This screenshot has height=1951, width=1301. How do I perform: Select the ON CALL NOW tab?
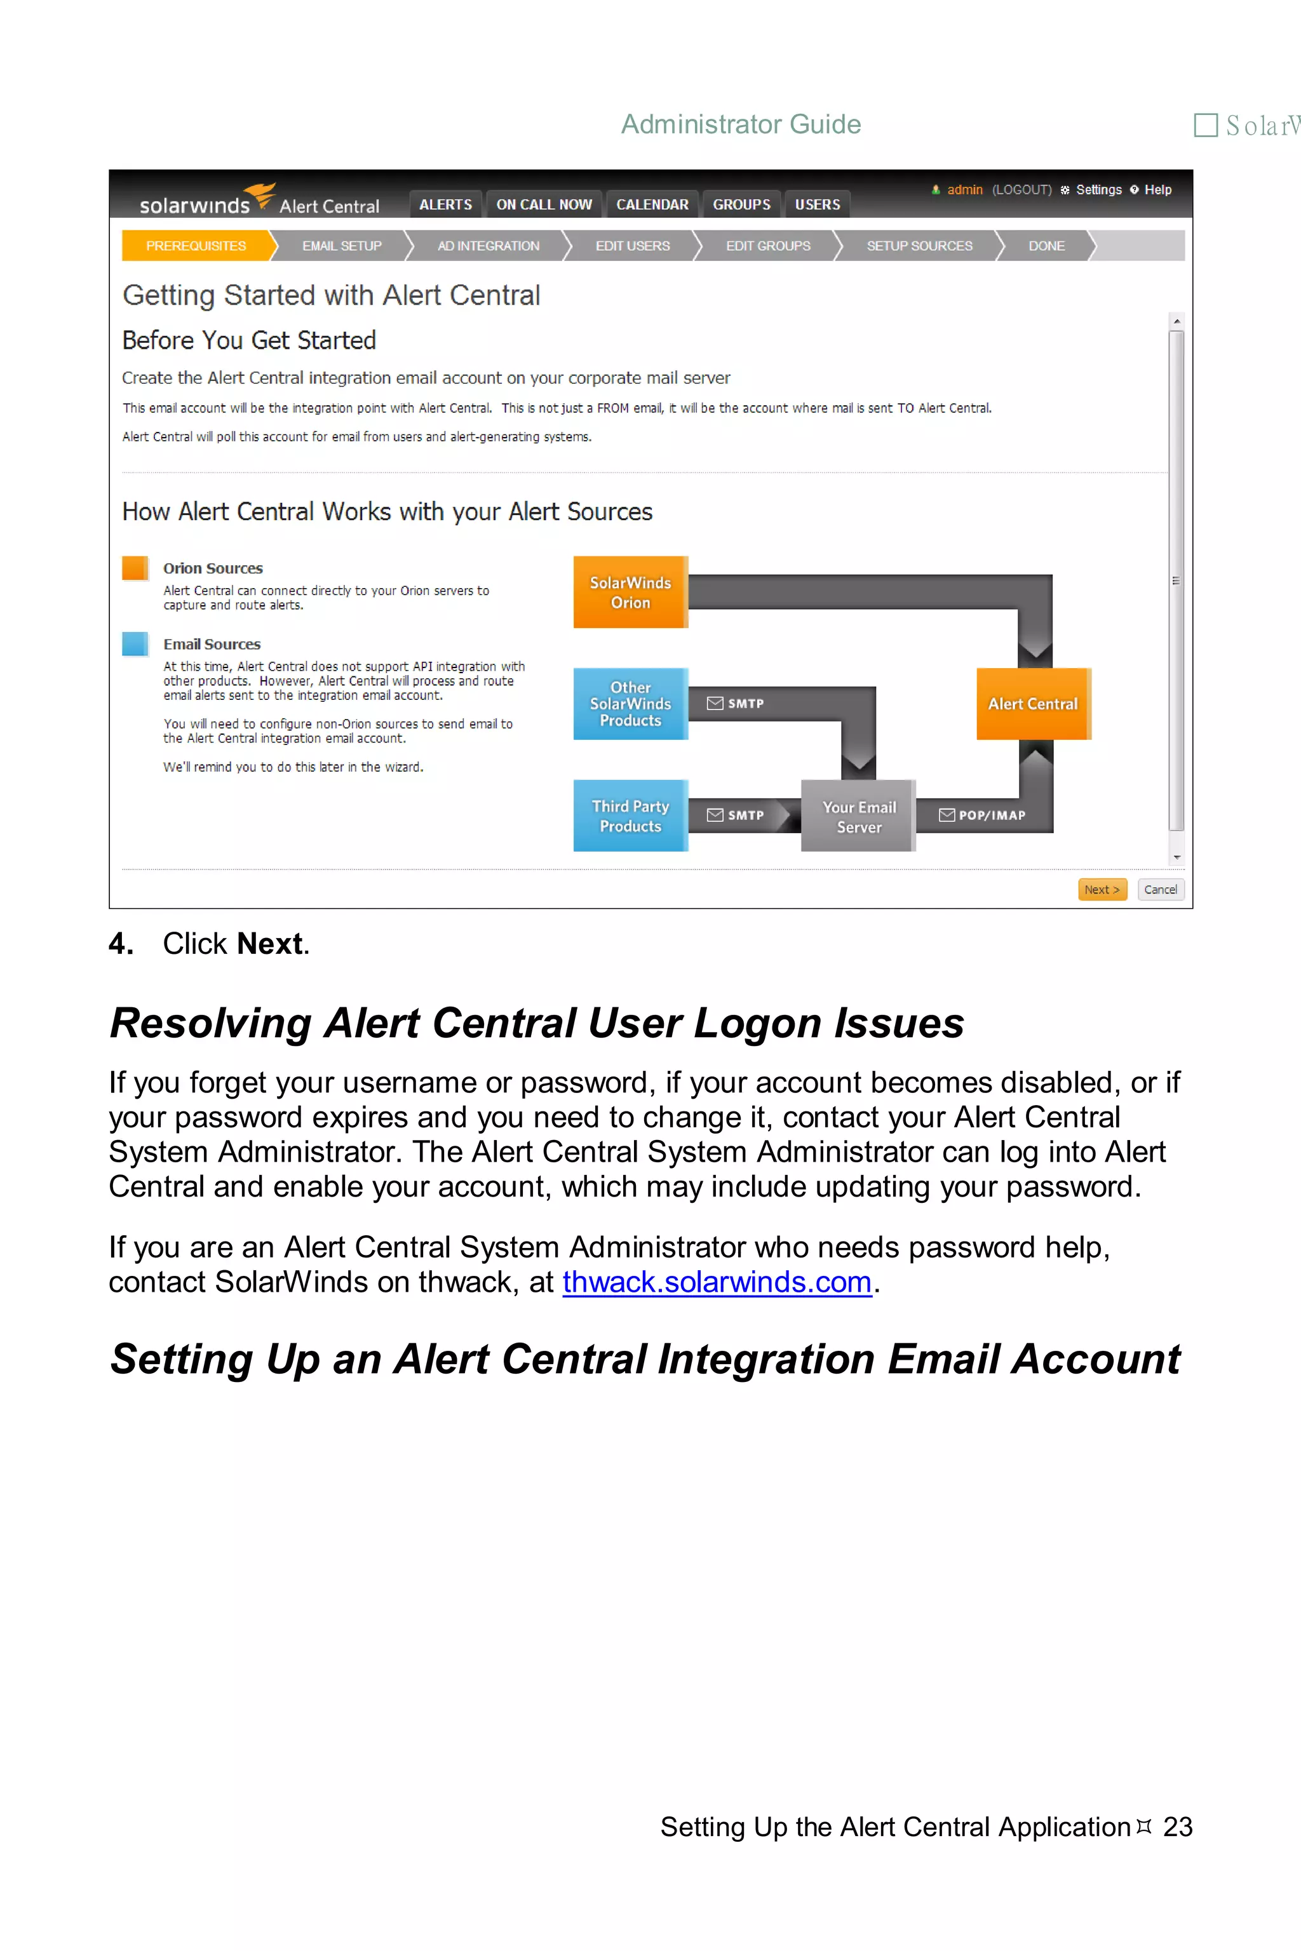[544, 204]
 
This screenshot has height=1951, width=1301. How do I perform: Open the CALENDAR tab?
[652, 204]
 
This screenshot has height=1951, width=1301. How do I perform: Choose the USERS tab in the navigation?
[818, 204]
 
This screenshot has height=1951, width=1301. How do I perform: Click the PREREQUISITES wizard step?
[196, 246]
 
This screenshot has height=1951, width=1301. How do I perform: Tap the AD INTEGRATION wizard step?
[488, 246]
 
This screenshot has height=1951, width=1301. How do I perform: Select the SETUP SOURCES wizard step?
[919, 246]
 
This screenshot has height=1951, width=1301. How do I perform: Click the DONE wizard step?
[1046, 246]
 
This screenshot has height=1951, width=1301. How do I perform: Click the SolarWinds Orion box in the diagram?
[630, 593]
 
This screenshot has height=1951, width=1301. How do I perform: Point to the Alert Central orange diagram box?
[1032, 704]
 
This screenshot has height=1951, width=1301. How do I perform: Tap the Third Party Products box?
[630, 815]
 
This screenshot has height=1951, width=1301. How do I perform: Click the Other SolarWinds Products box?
[630, 704]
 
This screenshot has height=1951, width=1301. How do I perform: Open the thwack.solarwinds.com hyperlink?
[716, 1282]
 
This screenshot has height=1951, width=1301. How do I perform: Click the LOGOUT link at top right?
[1021, 190]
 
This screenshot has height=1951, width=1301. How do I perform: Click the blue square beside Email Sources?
[135, 644]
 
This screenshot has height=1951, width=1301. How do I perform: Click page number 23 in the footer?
[1177, 1827]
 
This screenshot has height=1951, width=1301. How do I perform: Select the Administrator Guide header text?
[741, 124]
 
